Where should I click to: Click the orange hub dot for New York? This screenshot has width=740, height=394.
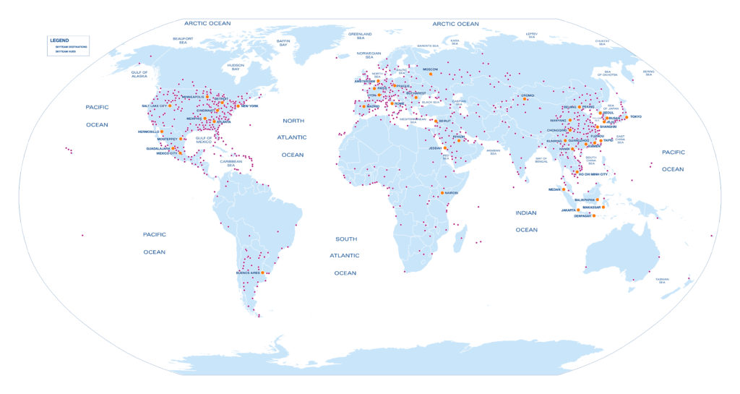(238, 106)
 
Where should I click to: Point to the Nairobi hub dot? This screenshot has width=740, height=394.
(442, 193)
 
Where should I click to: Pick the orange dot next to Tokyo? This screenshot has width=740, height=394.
(627, 117)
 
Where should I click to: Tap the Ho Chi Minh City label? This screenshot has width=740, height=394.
(593, 174)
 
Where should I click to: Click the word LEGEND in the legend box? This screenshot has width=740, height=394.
(60, 40)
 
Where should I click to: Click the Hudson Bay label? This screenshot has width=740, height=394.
(236, 67)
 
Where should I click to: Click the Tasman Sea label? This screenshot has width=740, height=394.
(662, 280)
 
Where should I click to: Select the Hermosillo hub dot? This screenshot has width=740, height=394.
(162, 132)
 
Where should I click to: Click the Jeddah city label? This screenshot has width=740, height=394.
(434, 148)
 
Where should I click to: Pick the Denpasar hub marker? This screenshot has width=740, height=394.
(593, 215)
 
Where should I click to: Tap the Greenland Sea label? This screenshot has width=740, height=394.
(360, 35)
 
